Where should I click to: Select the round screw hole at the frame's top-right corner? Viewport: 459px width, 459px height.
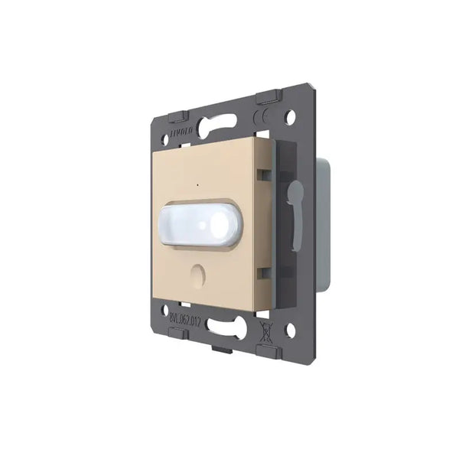(x=291, y=119)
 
